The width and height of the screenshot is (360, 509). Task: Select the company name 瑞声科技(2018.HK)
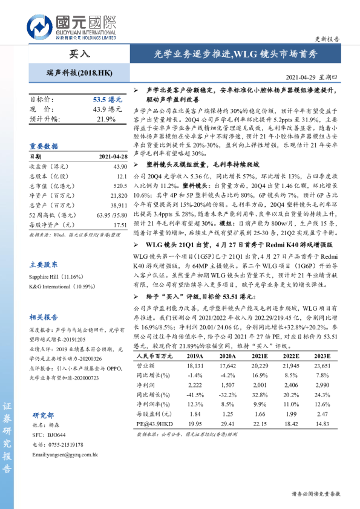point(79,73)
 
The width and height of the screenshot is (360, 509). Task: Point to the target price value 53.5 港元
point(107,99)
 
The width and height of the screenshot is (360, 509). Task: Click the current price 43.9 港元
point(107,109)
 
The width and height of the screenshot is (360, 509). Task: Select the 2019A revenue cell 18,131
point(181,366)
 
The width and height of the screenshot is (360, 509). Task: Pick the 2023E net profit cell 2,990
point(321,384)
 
